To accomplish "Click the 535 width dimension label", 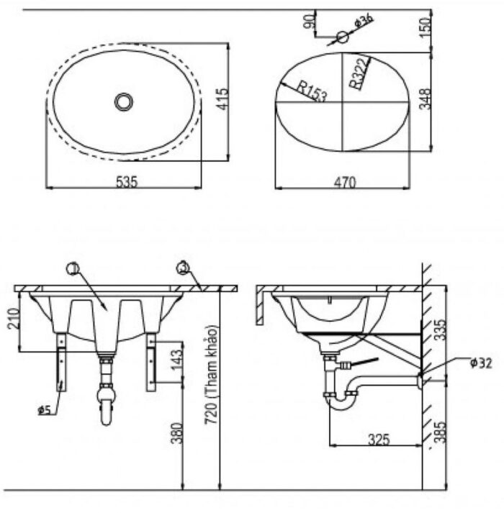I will [127, 182].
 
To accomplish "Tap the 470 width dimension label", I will [345, 183].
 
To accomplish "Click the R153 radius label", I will [312, 92].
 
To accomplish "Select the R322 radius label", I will [359, 73].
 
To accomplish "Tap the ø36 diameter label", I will [364, 19].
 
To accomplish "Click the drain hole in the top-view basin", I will [124, 101].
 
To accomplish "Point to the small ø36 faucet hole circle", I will [342, 37].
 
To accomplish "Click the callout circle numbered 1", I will [72, 269].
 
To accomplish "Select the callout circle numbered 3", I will [183, 268].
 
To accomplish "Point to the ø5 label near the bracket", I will [44, 410].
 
